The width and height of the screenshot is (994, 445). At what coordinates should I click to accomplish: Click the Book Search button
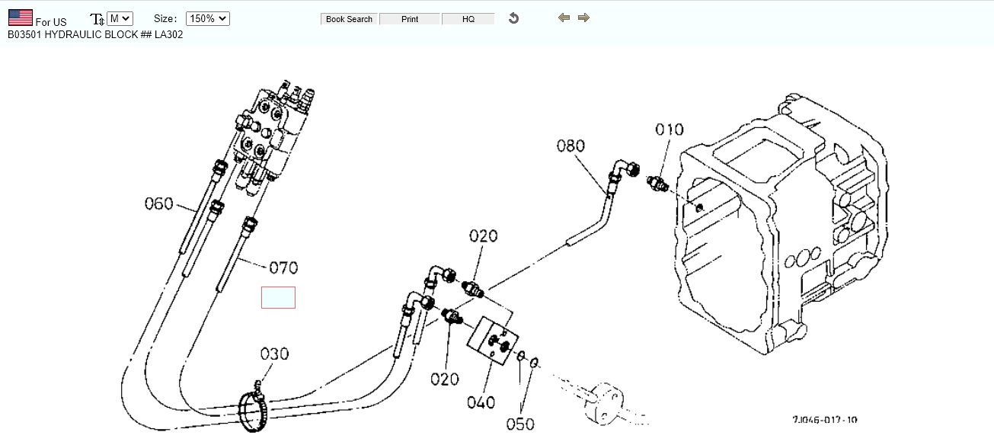tap(349, 19)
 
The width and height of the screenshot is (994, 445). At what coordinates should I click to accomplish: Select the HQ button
tap(468, 19)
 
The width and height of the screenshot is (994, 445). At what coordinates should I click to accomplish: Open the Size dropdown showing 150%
tap(207, 18)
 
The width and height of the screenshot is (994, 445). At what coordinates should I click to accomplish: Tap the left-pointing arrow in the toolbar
tap(564, 18)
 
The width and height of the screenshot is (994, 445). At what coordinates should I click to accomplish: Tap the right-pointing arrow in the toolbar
tap(583, 18)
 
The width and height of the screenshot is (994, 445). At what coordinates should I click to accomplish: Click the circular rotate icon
tap(513, 18)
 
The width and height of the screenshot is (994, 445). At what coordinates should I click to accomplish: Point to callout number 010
tap(670, 130)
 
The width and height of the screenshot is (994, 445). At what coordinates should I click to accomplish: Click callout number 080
tap(571, 145)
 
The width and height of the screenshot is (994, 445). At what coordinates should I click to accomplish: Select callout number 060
tap(159, 203)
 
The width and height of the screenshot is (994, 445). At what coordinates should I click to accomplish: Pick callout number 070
tap(283, 267)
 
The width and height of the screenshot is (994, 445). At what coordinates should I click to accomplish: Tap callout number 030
tap(274, 354)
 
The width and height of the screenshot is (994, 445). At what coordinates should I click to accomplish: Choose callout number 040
tap(481, 402)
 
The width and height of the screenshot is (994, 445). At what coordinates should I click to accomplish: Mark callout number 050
tap(520, 424)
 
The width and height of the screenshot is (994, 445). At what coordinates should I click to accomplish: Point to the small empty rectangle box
tap(278, 298)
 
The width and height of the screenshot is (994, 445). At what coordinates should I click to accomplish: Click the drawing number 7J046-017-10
tap(824, 420)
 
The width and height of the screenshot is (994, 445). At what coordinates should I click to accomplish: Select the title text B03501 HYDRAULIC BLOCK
tap(95, 34)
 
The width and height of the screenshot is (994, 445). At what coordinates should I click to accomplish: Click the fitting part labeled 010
tap(656, 184)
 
